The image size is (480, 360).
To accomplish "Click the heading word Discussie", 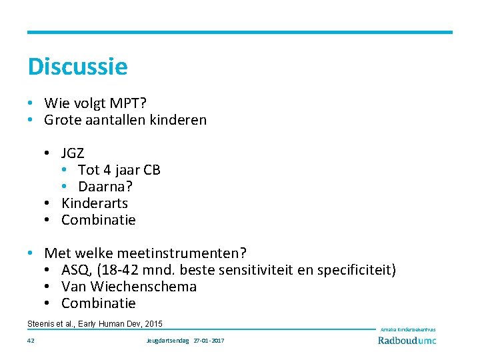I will pyautogui.click(x=77, y=67).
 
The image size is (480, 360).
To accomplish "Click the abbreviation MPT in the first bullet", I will pyautogui.click(x=129, y=103).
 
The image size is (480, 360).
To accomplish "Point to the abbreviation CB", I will pyautogui.click(x=151, y=170).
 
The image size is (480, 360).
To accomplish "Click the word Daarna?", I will pyautogui.click(x=105, y=187).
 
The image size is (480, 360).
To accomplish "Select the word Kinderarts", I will pyautogui.click(x=95, y=203).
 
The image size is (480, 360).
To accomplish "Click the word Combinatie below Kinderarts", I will pyautogui.click(x=99, y=220).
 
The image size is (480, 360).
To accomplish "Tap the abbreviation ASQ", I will pyautogui.click(x=75, y=270).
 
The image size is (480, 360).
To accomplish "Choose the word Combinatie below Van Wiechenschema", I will pyautogui.click(x=99, y=303).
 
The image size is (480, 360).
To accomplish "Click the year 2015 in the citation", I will pyautogui.click(x=153, y=323).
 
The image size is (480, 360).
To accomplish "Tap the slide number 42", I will pyautogui.click(x=31, y=341).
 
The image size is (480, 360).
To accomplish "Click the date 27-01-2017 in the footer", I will pyautogui.click(x=209, y=341).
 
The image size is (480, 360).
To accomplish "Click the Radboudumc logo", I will pyautogui.click(x=407, y=340).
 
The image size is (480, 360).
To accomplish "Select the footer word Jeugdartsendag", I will pyautogui.click(x=167, y=341).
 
